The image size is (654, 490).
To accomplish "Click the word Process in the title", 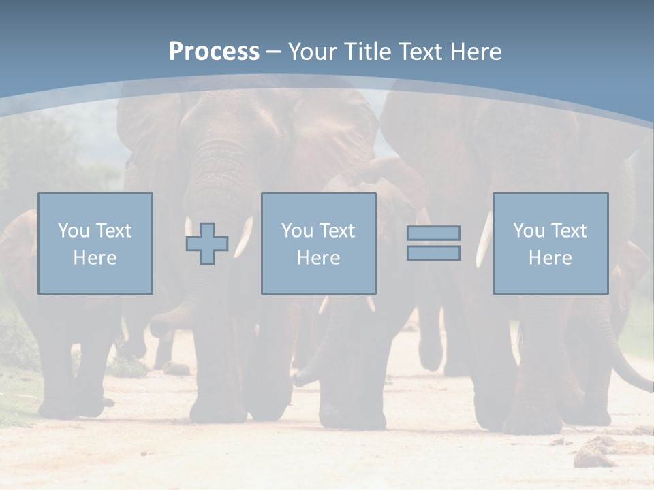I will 214,52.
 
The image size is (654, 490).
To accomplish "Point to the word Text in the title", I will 420,52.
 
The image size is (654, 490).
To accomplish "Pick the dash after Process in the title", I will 274,52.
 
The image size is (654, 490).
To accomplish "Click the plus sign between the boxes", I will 207,244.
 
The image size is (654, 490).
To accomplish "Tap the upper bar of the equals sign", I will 433,233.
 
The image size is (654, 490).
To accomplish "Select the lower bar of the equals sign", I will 433,252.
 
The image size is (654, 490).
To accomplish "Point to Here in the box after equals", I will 550,258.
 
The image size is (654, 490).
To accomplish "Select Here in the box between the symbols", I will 318,258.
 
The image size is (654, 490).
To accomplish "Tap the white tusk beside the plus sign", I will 243,238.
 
